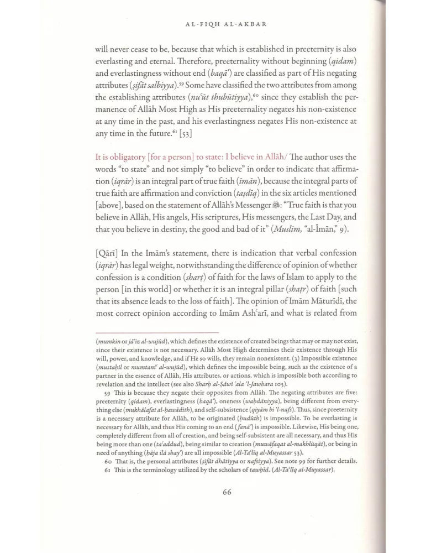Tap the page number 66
click(x=227, y=493)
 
